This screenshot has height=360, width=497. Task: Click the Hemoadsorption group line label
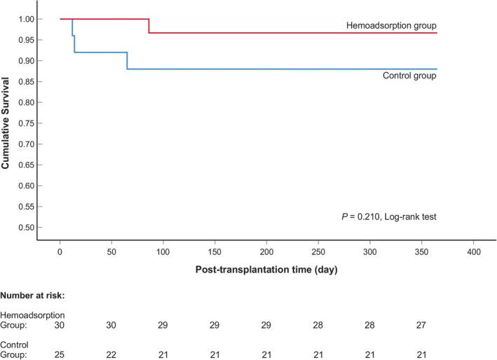point(391,26)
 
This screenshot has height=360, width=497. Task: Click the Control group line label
point(409,76)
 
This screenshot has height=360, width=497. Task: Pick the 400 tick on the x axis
point(473,251)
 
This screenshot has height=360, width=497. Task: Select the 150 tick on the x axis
point(215,251)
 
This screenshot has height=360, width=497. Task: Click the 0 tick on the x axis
point(60,251)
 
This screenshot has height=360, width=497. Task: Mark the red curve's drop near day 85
point(149,26)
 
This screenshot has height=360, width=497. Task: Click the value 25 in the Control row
point(60,354)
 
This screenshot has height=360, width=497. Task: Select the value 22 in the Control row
point(111,354)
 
